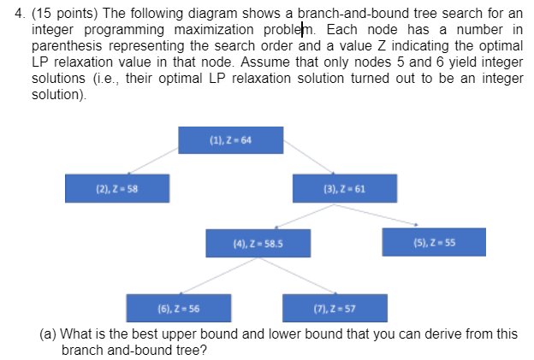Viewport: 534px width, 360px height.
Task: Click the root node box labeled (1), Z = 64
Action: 230,139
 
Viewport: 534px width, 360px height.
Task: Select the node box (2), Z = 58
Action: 117,187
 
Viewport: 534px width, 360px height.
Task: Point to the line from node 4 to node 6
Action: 214,276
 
